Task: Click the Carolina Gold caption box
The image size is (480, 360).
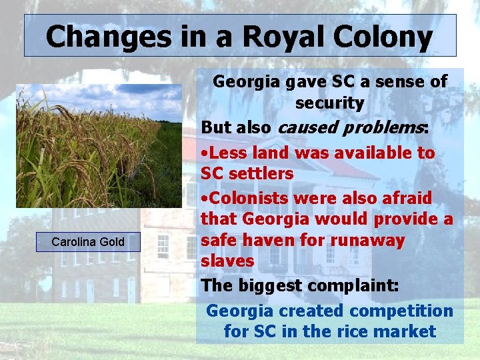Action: click(88, 241)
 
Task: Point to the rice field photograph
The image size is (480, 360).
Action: click(99, 146)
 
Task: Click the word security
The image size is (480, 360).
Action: click(329, 103)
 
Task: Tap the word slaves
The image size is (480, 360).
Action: click(227, 261)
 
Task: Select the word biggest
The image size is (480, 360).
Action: click(266, 286)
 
